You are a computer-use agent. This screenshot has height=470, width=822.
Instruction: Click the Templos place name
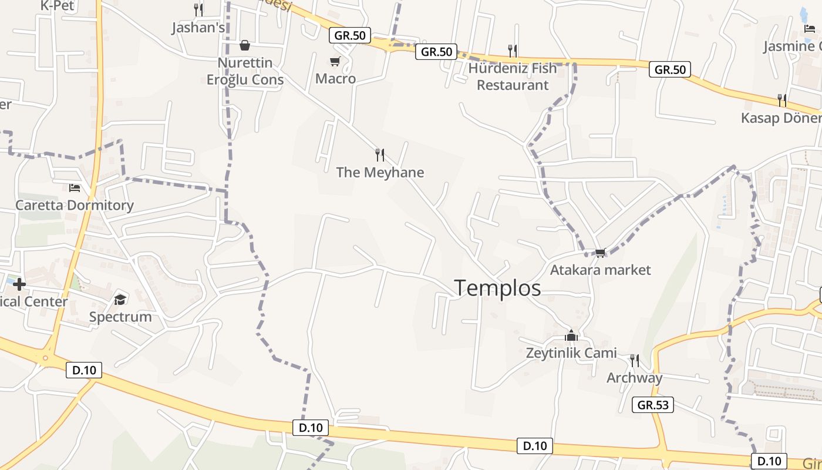click(497, 288)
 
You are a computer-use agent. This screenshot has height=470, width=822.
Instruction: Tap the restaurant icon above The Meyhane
click(380, 155)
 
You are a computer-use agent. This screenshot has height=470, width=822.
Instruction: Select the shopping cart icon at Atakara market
click(600, 253)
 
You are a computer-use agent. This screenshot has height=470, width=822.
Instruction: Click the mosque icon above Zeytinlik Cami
click(571, 335)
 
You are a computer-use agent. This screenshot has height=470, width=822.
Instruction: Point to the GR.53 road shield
click(653, 405)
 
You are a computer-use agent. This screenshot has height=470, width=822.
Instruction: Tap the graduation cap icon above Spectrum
click(120, 300)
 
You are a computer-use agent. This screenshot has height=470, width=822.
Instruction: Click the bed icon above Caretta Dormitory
click(75, 188)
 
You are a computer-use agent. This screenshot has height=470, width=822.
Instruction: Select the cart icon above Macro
click(335, 61)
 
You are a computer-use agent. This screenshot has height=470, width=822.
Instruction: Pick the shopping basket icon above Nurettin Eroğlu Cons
click(245, 45)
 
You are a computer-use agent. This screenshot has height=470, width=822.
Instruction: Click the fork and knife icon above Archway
click(634, 360)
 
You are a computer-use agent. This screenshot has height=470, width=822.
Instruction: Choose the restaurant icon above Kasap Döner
click(782, 100)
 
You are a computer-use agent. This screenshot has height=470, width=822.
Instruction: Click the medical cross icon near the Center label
click(19, 285)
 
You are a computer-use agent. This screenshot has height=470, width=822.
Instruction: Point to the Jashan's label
click(198, 28)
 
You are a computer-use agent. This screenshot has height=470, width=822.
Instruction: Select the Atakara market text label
click(600, 270)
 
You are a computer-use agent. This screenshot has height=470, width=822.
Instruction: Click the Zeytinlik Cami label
click(571, 353)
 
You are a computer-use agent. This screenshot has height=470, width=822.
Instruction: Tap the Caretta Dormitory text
click(75, 206)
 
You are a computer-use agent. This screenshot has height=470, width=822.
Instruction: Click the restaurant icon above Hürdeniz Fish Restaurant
click(513, 51)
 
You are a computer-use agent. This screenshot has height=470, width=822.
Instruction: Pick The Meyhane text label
click(380, 173)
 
